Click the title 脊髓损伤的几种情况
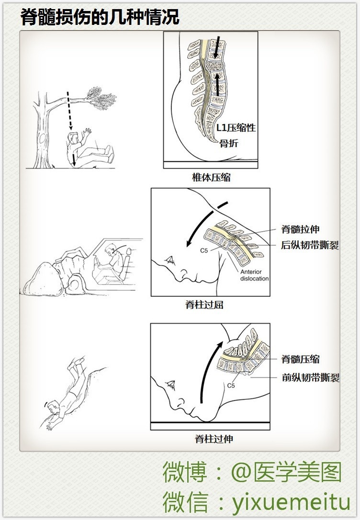pyautogui.click(x=100, y=17)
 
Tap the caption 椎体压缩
pyautogui.click(x=211, y=178)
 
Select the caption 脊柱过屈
pyautogui.click(x=204, y=305)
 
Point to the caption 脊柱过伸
pyautogui.click(x=214, y=439)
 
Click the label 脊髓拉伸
pyautogui.click(x=300, y=229)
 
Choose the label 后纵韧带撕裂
pyautogui.click(x=310, y=245)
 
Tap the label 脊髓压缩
pyautogui.click(x=300, y=359)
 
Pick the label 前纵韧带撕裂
pyautogui.click(x=311, y=377)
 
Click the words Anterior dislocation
pyautogui.click(x=254, y=275)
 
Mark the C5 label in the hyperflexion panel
pyautogui.click(x=204, y=251)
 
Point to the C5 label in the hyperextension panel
pyautogui.click(x=231, y=385)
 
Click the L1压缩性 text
pyautogui.click(x=236, y=127)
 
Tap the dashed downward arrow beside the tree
pyautogui.click(x=69, y=111)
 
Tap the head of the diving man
pyautogui.click(x=52, y=407)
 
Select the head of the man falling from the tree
pyautogui.click(x=73, y=137)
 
